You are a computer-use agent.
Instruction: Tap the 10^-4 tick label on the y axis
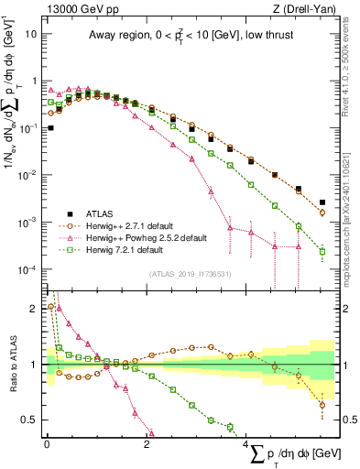click(x=27, y=270)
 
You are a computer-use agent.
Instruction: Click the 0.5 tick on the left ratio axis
click(x=30, y=420)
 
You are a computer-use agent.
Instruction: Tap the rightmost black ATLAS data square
click(x=322, y=202)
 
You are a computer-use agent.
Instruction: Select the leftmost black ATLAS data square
click(x=50, y=128)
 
